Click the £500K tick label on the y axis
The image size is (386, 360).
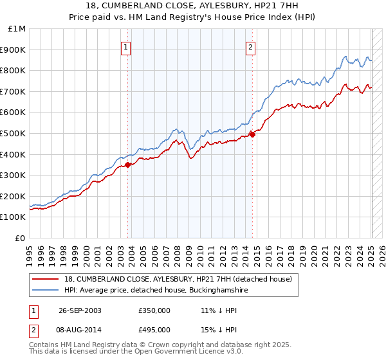click(14, 133)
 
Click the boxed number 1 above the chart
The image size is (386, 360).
click(125, 46)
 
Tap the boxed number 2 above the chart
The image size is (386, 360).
click(250, 46)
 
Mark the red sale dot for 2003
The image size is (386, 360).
click(128, 165)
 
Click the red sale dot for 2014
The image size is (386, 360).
click(252, 134)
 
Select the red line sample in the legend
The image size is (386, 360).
click(46, 279)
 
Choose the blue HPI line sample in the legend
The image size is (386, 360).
click(46, 291)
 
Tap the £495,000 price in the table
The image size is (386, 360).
click(154, 329)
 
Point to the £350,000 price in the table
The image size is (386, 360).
click(154, 310)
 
